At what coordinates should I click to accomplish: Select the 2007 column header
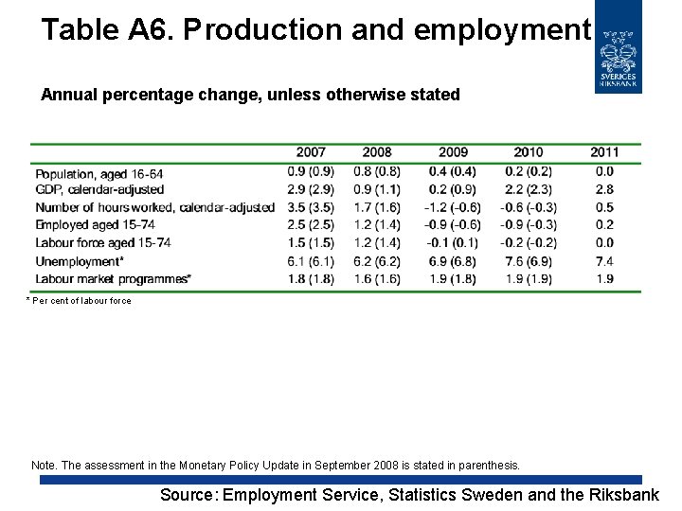[311, 152]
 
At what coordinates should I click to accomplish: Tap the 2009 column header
[454, 152]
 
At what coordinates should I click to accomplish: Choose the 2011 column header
[604, 152]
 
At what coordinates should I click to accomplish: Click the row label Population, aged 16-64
[99, 174]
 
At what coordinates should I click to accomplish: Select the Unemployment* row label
[80, 261]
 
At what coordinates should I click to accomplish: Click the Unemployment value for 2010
[529, 261]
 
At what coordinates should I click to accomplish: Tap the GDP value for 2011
[604, 189]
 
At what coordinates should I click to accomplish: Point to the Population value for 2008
[377, 171]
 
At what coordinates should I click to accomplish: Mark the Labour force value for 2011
[604, 243]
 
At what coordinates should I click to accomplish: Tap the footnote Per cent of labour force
[81, 301]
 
